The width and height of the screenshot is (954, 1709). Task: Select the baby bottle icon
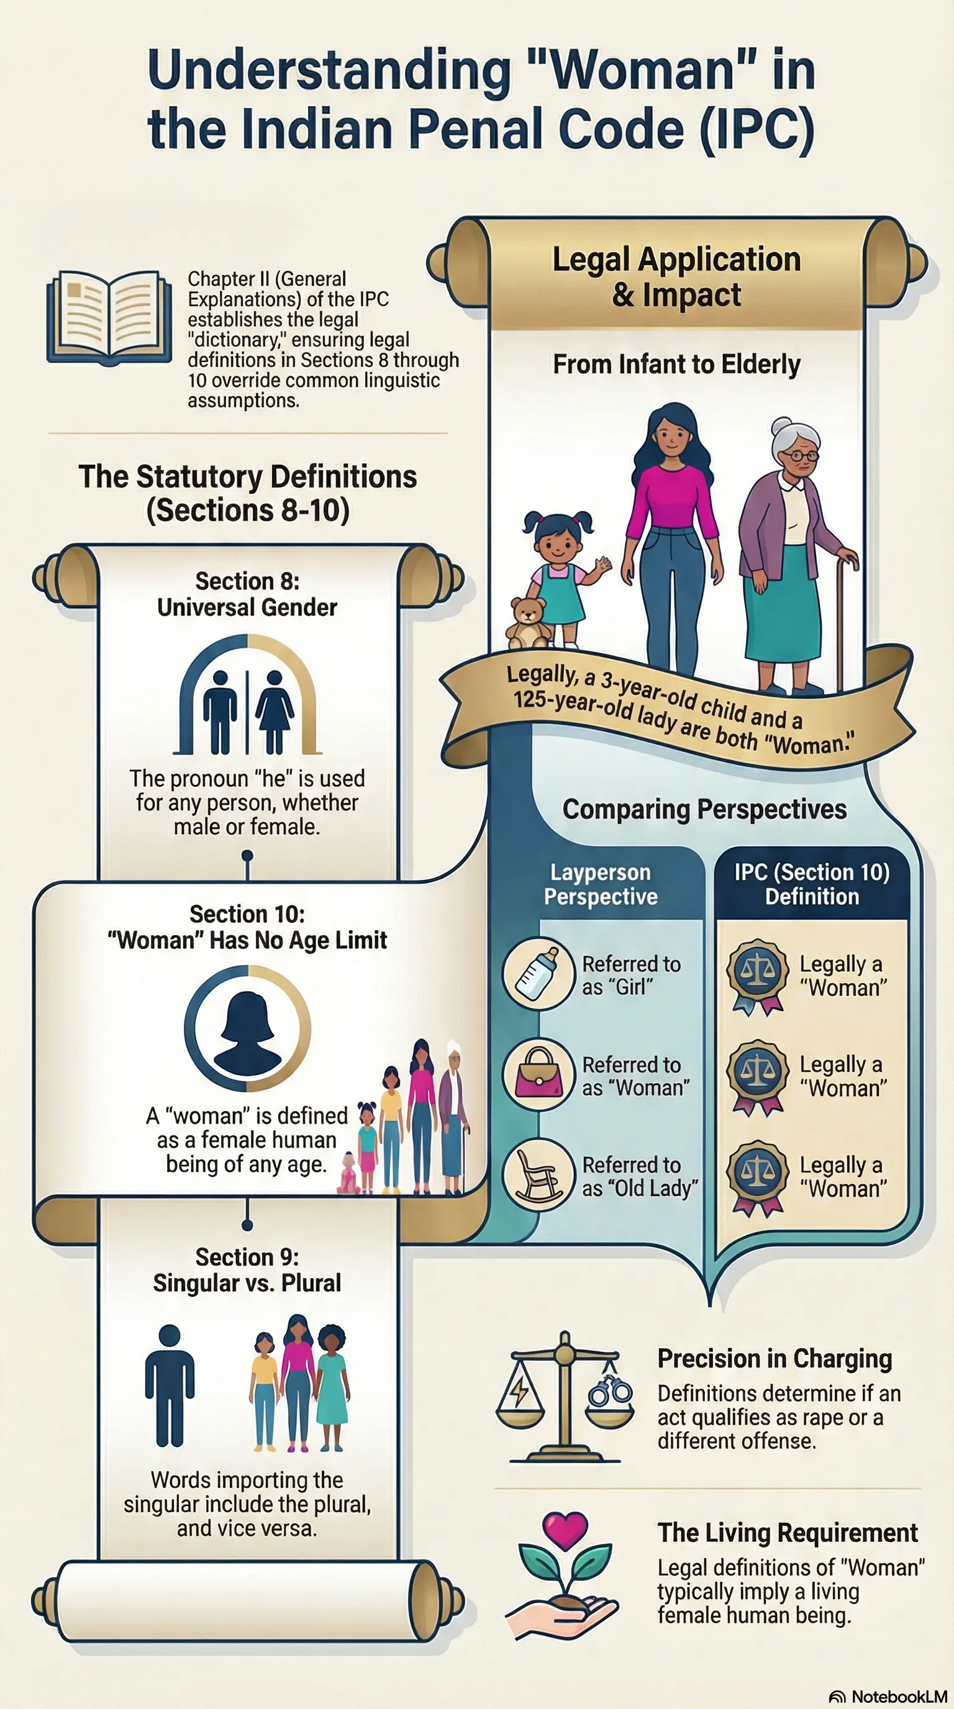pyautogui.click(x=538, y=974)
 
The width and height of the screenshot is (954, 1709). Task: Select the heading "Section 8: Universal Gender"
pyautogui.click(x=247, y=594)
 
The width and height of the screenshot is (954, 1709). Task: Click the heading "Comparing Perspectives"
pyautogui.click(x=704, y=809)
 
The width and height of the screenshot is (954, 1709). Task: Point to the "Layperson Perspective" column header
pyautogui.click(x=601, y=884)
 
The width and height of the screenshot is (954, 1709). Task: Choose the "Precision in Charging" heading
pyautogui.click(x=775, y=1359)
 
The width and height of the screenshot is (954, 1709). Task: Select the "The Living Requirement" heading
pyautogui.click(x=788, y=1533)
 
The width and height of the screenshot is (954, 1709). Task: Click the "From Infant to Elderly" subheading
pyautogui.click(x=677, y=365)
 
